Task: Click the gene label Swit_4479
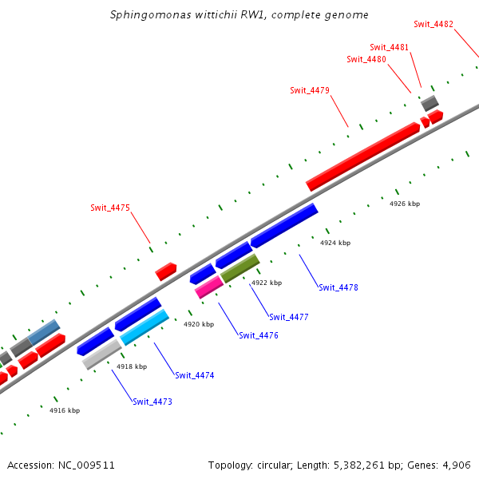[x=310, y=90]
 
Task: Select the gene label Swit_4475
[x=110, y=208]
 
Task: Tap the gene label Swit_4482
[x=434, y=24]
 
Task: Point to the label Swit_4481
[x=390, y=47]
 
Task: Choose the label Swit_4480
[x=366, y=59]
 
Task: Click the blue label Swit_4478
[x=338, y=287]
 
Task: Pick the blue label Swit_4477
[x=289, y=317]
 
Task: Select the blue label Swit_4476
[x=259, y=335]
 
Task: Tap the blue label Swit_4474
[x=195, y=375]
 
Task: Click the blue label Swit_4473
[x=152, y=402]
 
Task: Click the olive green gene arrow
[x=239, y=268]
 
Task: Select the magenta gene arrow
[x=209, y=287]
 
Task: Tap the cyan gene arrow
[x=144, y=327]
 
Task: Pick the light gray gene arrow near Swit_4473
[x=102, y=354]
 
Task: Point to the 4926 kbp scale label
[x=405, y=204]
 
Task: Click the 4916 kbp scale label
[x=65, y=410]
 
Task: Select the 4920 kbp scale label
[x=199, y=325]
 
